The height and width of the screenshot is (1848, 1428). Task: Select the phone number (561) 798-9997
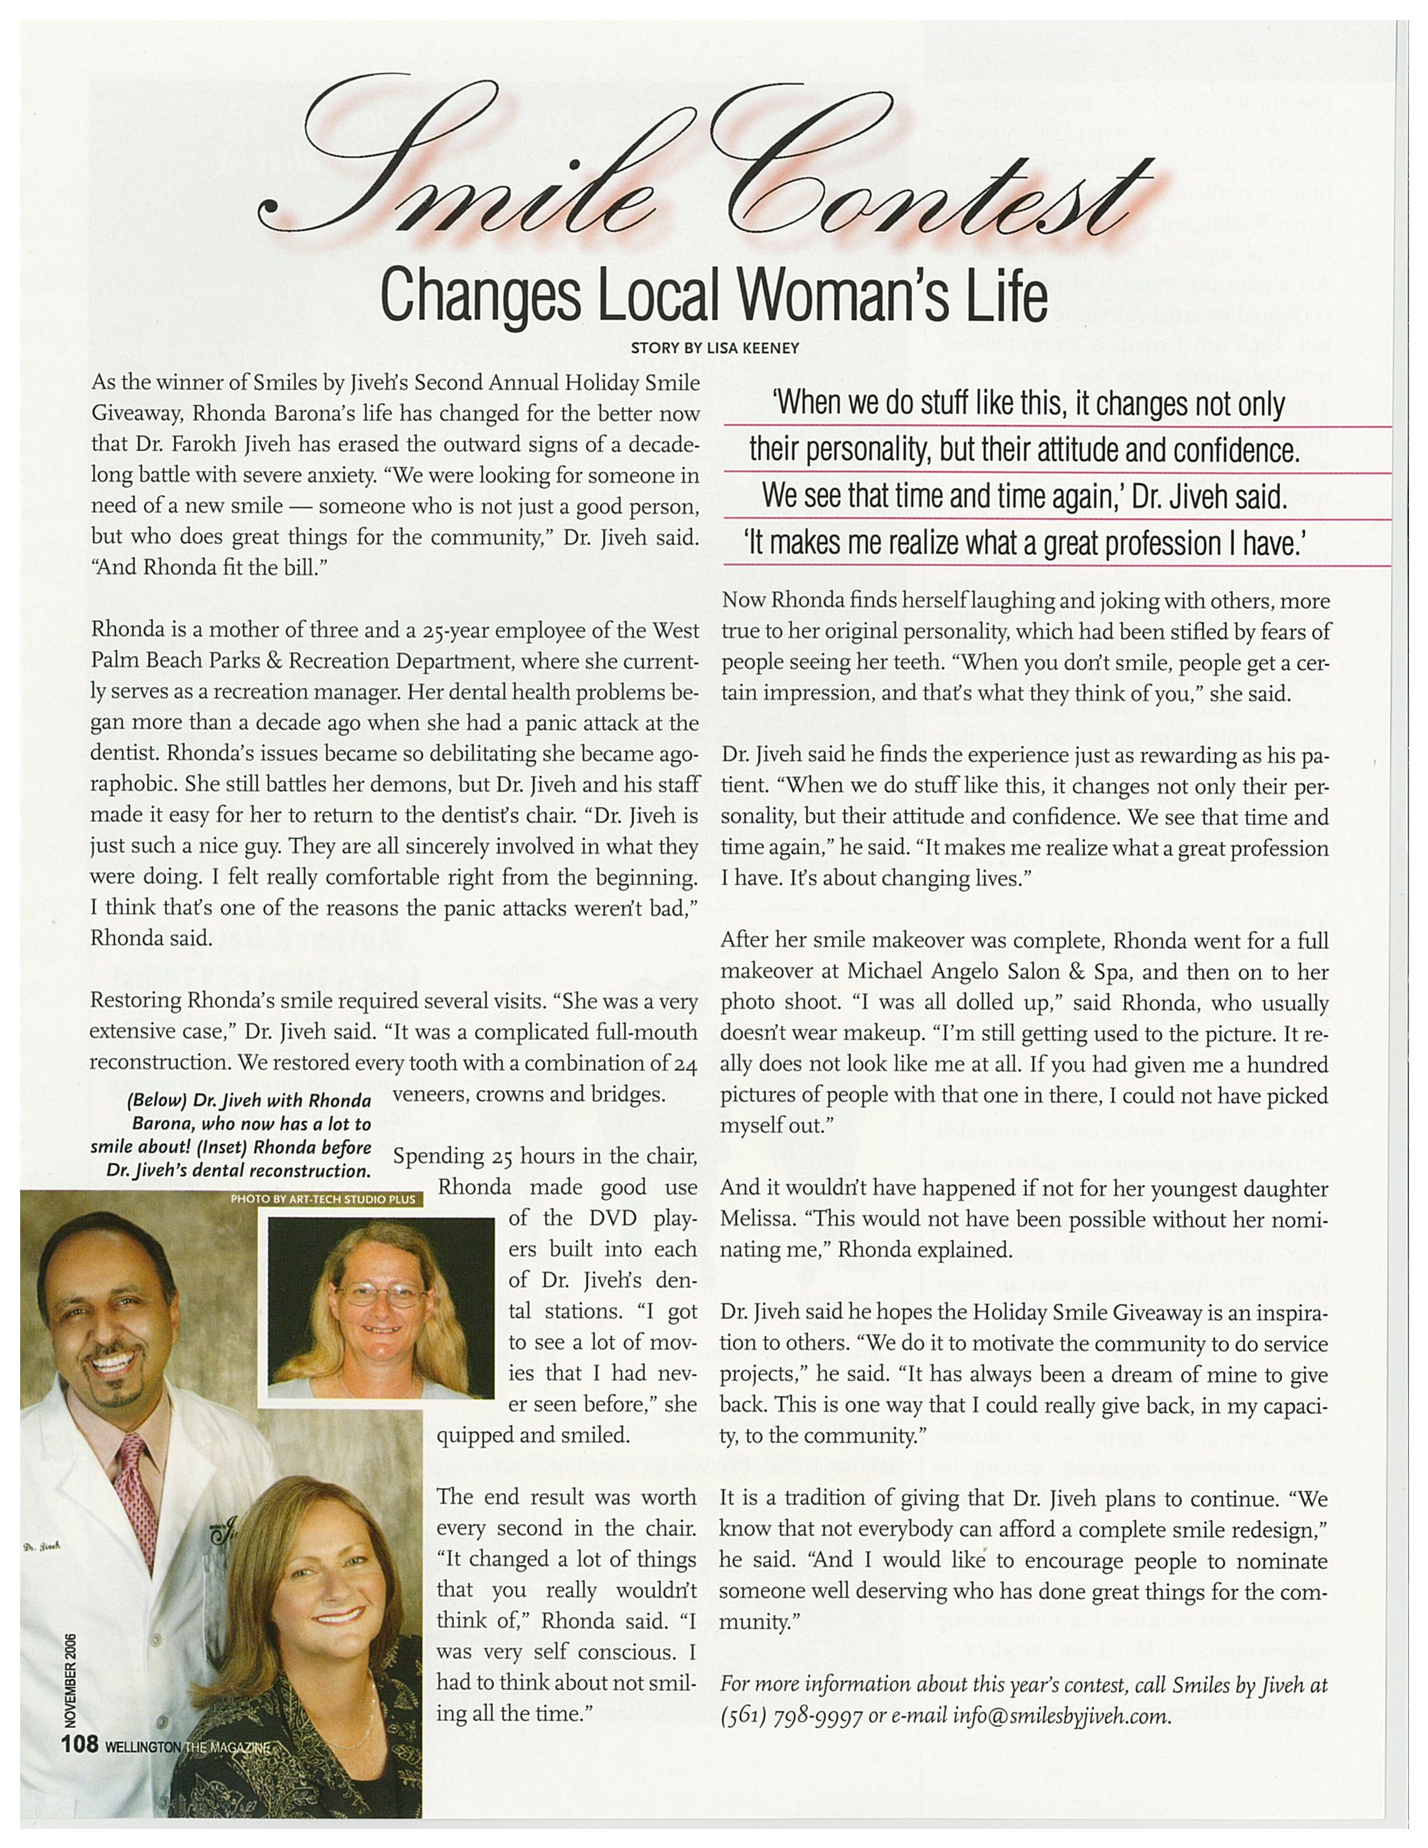(x=791, y=1717)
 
